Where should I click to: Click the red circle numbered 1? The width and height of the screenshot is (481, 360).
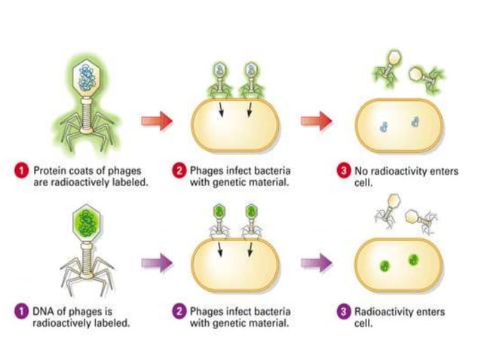23,171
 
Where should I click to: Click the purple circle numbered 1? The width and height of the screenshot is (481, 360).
23,311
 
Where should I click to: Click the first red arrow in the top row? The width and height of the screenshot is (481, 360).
157,121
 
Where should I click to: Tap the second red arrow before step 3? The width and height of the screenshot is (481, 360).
317,121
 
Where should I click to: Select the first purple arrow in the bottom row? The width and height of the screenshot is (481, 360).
157,263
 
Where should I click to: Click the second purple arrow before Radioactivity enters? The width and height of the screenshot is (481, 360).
317,263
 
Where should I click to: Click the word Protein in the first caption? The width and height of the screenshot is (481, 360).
49,171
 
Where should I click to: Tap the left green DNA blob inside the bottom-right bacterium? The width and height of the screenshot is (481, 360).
384,265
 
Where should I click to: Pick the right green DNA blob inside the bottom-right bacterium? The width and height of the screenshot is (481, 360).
413,261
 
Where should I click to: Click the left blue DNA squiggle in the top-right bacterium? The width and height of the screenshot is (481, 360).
384,127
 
